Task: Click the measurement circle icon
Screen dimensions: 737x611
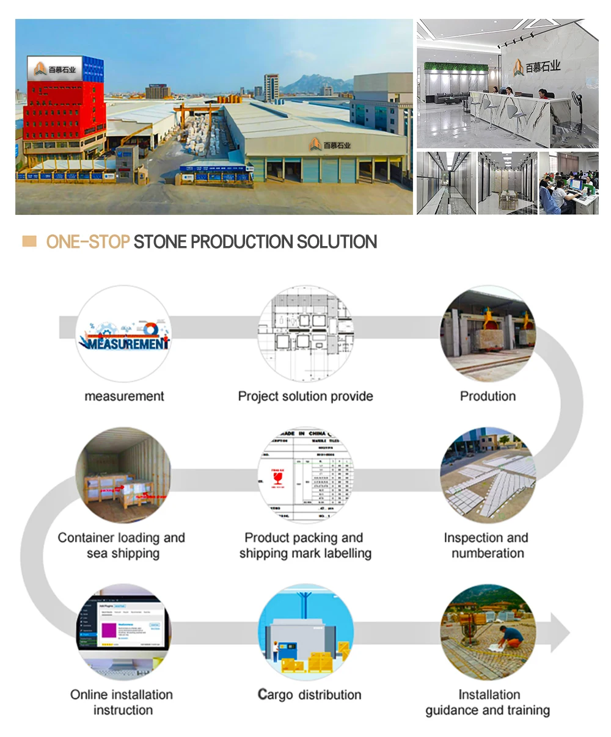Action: (x=124, y=334)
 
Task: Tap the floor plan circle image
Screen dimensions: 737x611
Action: (x=305, y=334)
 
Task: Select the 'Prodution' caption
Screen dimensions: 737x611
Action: (x=488, y=396)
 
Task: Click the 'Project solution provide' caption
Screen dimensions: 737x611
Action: (x=305, y=396)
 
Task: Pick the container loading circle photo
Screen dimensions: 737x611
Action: (x=123, y=475)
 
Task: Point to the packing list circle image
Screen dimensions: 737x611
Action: (x=305, y=475)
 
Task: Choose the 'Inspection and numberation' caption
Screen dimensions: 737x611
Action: (x=487, y=545)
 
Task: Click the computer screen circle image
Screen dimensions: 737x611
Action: (x=123, y=633)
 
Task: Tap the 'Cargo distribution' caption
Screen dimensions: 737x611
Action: (x=309, y=695)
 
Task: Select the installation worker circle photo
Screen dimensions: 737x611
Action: (x=488, y=633)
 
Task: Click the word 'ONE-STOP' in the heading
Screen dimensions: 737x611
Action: (x=87, y=242)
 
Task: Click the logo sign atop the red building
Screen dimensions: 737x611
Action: (x=55, y=69)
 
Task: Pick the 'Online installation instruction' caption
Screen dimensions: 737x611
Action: (x=123, y=702)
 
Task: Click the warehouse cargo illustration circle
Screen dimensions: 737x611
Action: (x=305, y=633)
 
